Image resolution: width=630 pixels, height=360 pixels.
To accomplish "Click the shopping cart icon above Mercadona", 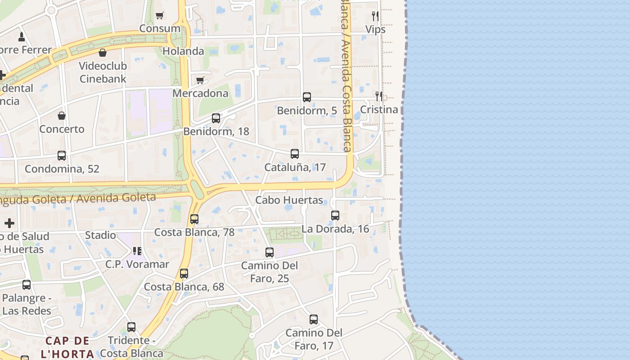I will click(x=200, y=81).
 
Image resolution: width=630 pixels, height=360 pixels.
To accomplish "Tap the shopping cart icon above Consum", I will click(x=160, y=16).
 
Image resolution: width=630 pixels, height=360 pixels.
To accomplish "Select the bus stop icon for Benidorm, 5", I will click(x=307, y=97).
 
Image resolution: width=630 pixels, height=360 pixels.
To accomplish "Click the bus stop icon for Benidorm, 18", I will click(x=216, y=118).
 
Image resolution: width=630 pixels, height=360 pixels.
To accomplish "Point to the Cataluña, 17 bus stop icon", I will click(x=295, y=154).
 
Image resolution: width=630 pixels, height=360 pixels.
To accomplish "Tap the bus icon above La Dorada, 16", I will click(x=335, y=216).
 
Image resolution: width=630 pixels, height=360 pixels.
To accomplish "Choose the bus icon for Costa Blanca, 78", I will click(x=194, y=219).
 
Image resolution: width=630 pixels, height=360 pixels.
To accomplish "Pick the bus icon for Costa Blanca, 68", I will click(x=184, y=274).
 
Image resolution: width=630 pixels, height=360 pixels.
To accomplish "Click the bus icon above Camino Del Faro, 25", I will click(x=270, y=252).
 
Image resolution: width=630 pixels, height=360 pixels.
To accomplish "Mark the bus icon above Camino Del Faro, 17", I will click(x=314, y=320).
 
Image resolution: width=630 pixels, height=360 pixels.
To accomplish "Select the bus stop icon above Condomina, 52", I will click(x=62, y=156).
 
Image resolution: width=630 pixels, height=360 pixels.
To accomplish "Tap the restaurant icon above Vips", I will click(x=375, y=16).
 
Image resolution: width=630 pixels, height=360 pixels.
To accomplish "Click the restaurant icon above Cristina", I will click(x=379, y=96).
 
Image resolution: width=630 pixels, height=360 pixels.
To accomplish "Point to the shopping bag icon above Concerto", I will click(x=62, y=116).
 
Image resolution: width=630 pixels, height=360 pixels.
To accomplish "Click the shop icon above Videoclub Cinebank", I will click(x=103, y=53).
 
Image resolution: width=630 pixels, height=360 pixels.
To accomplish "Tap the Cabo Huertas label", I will click(x=289, y=200).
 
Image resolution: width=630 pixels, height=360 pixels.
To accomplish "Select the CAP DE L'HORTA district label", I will click(x=67, y=347).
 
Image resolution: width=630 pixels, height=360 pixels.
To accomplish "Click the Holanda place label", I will click(x=183, y=51).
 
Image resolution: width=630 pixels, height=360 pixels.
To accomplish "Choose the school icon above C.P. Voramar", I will click(x=137, y=251).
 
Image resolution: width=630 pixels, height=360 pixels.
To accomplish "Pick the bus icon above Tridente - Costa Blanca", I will click(x=131, y=327).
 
